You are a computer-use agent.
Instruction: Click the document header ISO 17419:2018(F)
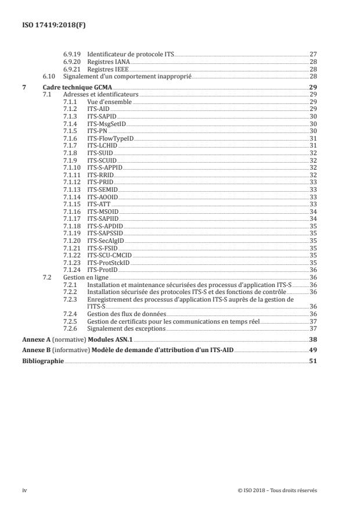49,26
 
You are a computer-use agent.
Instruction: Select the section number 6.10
51,76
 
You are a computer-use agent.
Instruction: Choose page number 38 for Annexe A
313,339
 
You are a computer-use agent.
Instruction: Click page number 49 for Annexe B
313,350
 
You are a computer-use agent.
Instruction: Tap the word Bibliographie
43,361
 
